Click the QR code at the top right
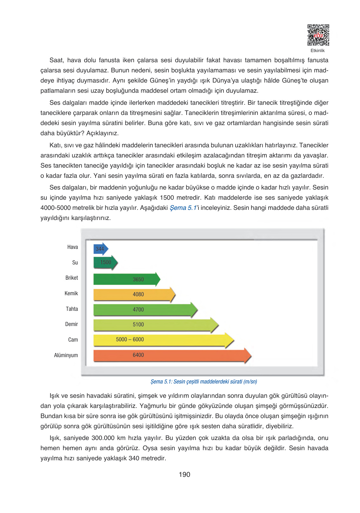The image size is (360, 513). (318, 35)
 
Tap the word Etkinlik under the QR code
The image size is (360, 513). (317, 51)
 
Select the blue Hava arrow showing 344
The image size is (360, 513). (101, 249)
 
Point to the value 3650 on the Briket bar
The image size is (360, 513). (138, 279)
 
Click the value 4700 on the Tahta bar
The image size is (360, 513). (138, 310)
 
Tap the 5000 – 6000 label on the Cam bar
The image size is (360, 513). (130, 339)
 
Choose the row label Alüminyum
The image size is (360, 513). (66, 355)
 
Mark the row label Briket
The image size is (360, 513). (71, 278)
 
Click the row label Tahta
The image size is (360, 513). (72, 309)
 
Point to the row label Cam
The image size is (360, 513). (73, 340)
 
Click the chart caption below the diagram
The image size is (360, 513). (203, 382)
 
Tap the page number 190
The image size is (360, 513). (184, 475)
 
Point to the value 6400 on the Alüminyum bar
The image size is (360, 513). (138, 355)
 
